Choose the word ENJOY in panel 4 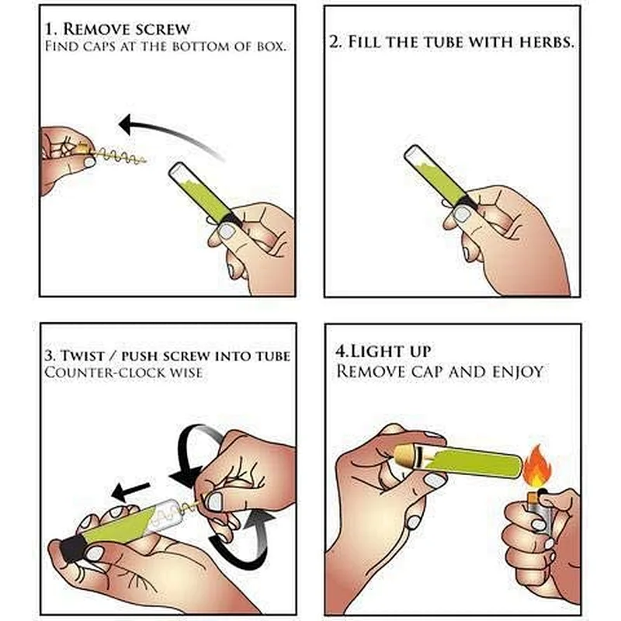(x=518, y=372)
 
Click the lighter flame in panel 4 (x=537, y=465)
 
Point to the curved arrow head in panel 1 (x=127, y=125)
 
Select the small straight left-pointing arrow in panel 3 (x=130, y=491)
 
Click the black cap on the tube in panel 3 (x=72, y=548)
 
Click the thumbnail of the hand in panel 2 (x=462, y=214)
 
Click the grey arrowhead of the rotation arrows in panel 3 (x=259, y=519)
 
